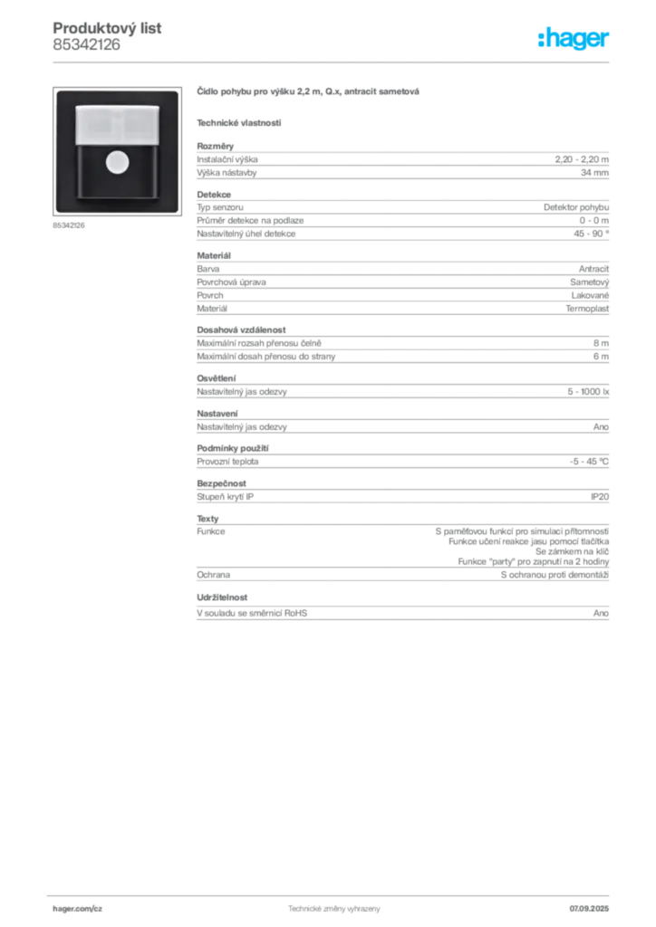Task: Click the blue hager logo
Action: click(575, 40)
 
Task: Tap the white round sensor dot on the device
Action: click(117, 162)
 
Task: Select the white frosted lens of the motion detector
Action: click(117, 125)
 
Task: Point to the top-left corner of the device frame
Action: click(57, 91)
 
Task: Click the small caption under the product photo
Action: click(69, 225)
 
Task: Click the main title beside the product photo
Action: click(308, 93)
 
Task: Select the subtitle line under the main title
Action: click(240, 121)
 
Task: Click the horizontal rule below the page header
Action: click(333, 62)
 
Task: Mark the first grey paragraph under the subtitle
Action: click(402, 163)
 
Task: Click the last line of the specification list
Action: click(402, 613)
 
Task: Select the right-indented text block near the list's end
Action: click(526, 543)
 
